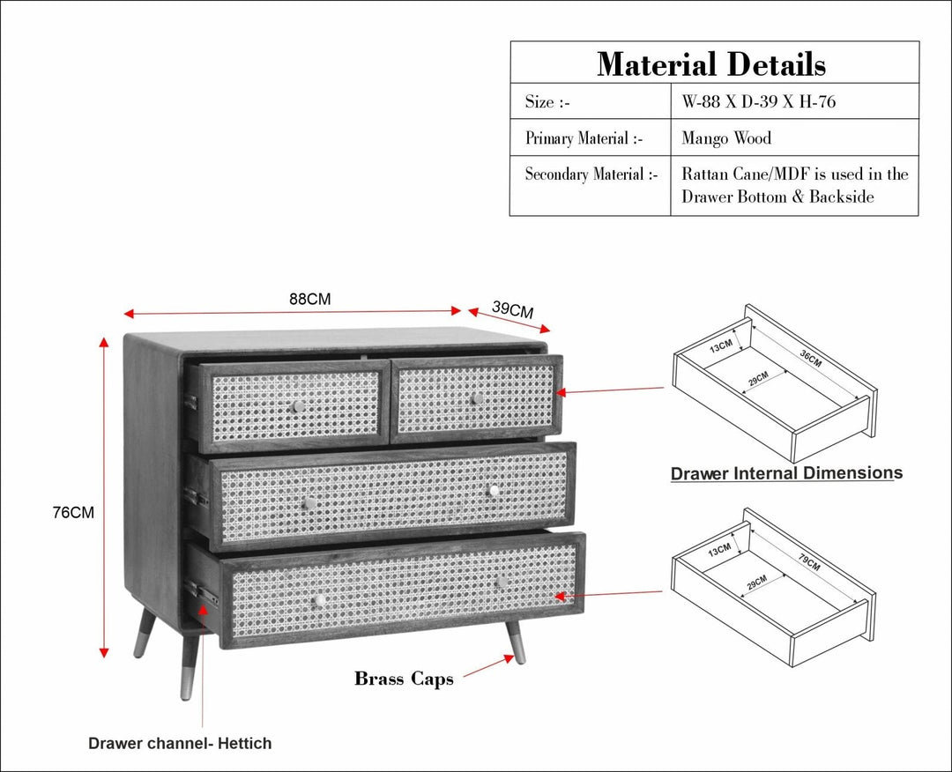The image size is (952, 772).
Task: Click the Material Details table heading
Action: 711,64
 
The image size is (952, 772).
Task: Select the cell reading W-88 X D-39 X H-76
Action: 758,102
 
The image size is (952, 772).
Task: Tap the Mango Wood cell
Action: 726,138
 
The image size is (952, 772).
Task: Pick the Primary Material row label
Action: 584,138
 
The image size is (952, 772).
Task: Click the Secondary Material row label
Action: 591,174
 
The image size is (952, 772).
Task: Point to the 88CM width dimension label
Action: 310,299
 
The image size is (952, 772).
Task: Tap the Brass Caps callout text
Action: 404,679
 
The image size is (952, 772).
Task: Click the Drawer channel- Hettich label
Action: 180,743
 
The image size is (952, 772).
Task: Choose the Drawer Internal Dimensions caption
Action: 786,473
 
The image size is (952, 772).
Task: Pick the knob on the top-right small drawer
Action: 476,398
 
